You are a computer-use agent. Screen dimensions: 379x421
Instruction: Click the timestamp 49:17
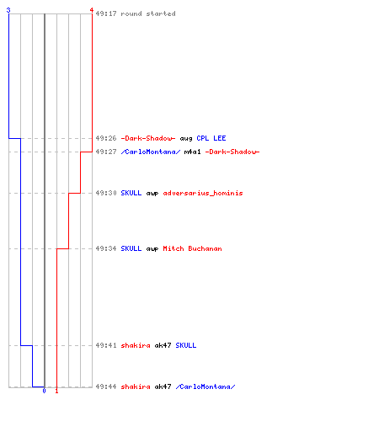coord(106,13)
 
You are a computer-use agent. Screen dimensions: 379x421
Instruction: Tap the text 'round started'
coord(148,13)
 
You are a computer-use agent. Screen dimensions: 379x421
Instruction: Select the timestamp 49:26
coord(106,138)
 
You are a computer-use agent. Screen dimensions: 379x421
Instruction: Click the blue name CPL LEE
coord(211,138)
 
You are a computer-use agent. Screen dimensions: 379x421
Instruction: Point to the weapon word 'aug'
coord(186,139)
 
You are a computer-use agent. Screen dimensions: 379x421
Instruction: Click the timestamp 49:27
coord(106,152)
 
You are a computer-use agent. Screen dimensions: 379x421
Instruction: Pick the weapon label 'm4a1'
coord(192,152)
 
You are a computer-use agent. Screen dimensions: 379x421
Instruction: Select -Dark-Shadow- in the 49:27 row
coord(232,152)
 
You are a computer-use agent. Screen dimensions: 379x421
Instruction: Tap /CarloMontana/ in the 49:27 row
coord(151,152)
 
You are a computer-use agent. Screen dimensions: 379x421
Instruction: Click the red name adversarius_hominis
coord(203,193)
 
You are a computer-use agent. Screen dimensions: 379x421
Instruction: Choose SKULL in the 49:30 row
coord(131,193)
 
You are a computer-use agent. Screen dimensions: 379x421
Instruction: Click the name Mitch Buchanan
coord(192,248)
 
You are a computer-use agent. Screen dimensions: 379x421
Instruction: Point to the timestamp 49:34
coord(106,248)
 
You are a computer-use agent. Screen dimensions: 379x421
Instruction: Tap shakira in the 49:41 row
coord(136,345)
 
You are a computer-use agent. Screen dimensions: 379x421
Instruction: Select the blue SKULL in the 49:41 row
coord(186,345)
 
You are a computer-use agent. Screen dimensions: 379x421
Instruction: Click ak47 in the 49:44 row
coord(163,386)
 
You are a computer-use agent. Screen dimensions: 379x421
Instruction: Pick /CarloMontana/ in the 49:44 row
coord(206,386)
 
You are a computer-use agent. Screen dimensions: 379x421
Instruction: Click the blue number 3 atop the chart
coord(8,10)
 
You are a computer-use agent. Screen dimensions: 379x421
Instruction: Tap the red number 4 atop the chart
coord(92,10)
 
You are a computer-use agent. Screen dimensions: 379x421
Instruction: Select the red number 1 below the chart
coord(56,391)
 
